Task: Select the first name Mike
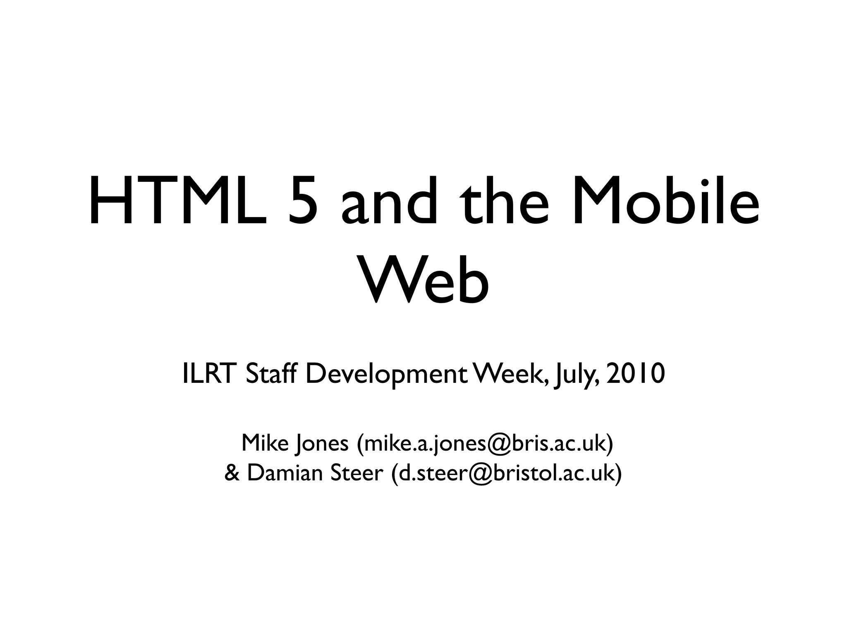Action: [265, 443]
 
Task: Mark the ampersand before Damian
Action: [232, 473]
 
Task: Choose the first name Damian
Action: [285, 473]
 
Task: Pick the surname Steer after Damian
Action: [357, 473]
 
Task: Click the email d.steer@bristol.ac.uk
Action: [506, 473]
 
